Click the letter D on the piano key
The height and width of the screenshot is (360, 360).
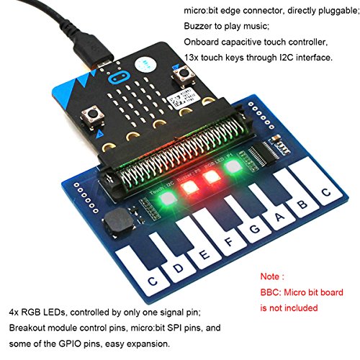tap(179, 268)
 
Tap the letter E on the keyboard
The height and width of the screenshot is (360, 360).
tap(204, 254)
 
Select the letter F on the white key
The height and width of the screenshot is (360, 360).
tap(230, 242)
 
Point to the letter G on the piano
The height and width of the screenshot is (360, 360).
tap(255, 229)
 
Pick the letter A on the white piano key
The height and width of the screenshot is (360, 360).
tap(279, 217)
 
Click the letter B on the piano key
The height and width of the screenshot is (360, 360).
tap(302, 204)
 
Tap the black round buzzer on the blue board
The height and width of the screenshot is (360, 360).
tap(118, 221)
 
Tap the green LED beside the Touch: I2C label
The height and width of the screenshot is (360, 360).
tap(168, 198)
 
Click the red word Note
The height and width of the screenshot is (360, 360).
tap(269, 276)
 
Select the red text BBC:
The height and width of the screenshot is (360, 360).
tap(271, 292)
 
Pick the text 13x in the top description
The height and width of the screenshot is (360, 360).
tap(191, 58)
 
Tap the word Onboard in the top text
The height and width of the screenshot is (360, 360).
tap(201, 42)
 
